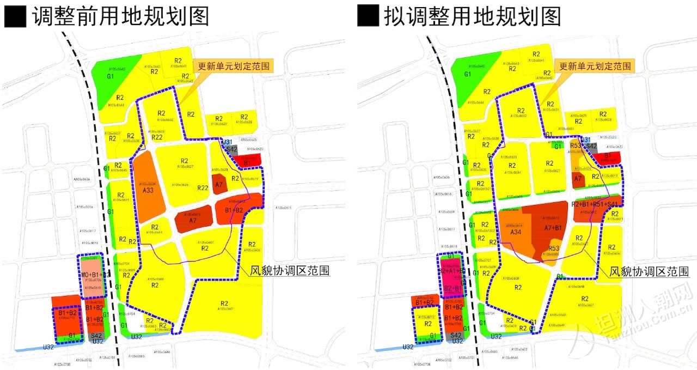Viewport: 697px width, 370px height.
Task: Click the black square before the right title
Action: point(368,17)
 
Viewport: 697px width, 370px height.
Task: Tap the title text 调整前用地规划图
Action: point(120,16)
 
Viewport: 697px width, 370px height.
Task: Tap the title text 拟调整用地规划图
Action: point(473,16)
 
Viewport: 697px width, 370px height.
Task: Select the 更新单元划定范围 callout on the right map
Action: point(596,66)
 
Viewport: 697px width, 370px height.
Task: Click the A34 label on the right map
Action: point(516,232)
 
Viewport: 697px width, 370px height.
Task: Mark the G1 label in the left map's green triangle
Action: point(111,76)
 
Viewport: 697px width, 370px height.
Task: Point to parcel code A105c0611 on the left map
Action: point(284,208)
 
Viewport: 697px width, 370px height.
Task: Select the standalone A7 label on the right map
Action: point(578,178)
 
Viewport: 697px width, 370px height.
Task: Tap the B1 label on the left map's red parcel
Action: point(247,162)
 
